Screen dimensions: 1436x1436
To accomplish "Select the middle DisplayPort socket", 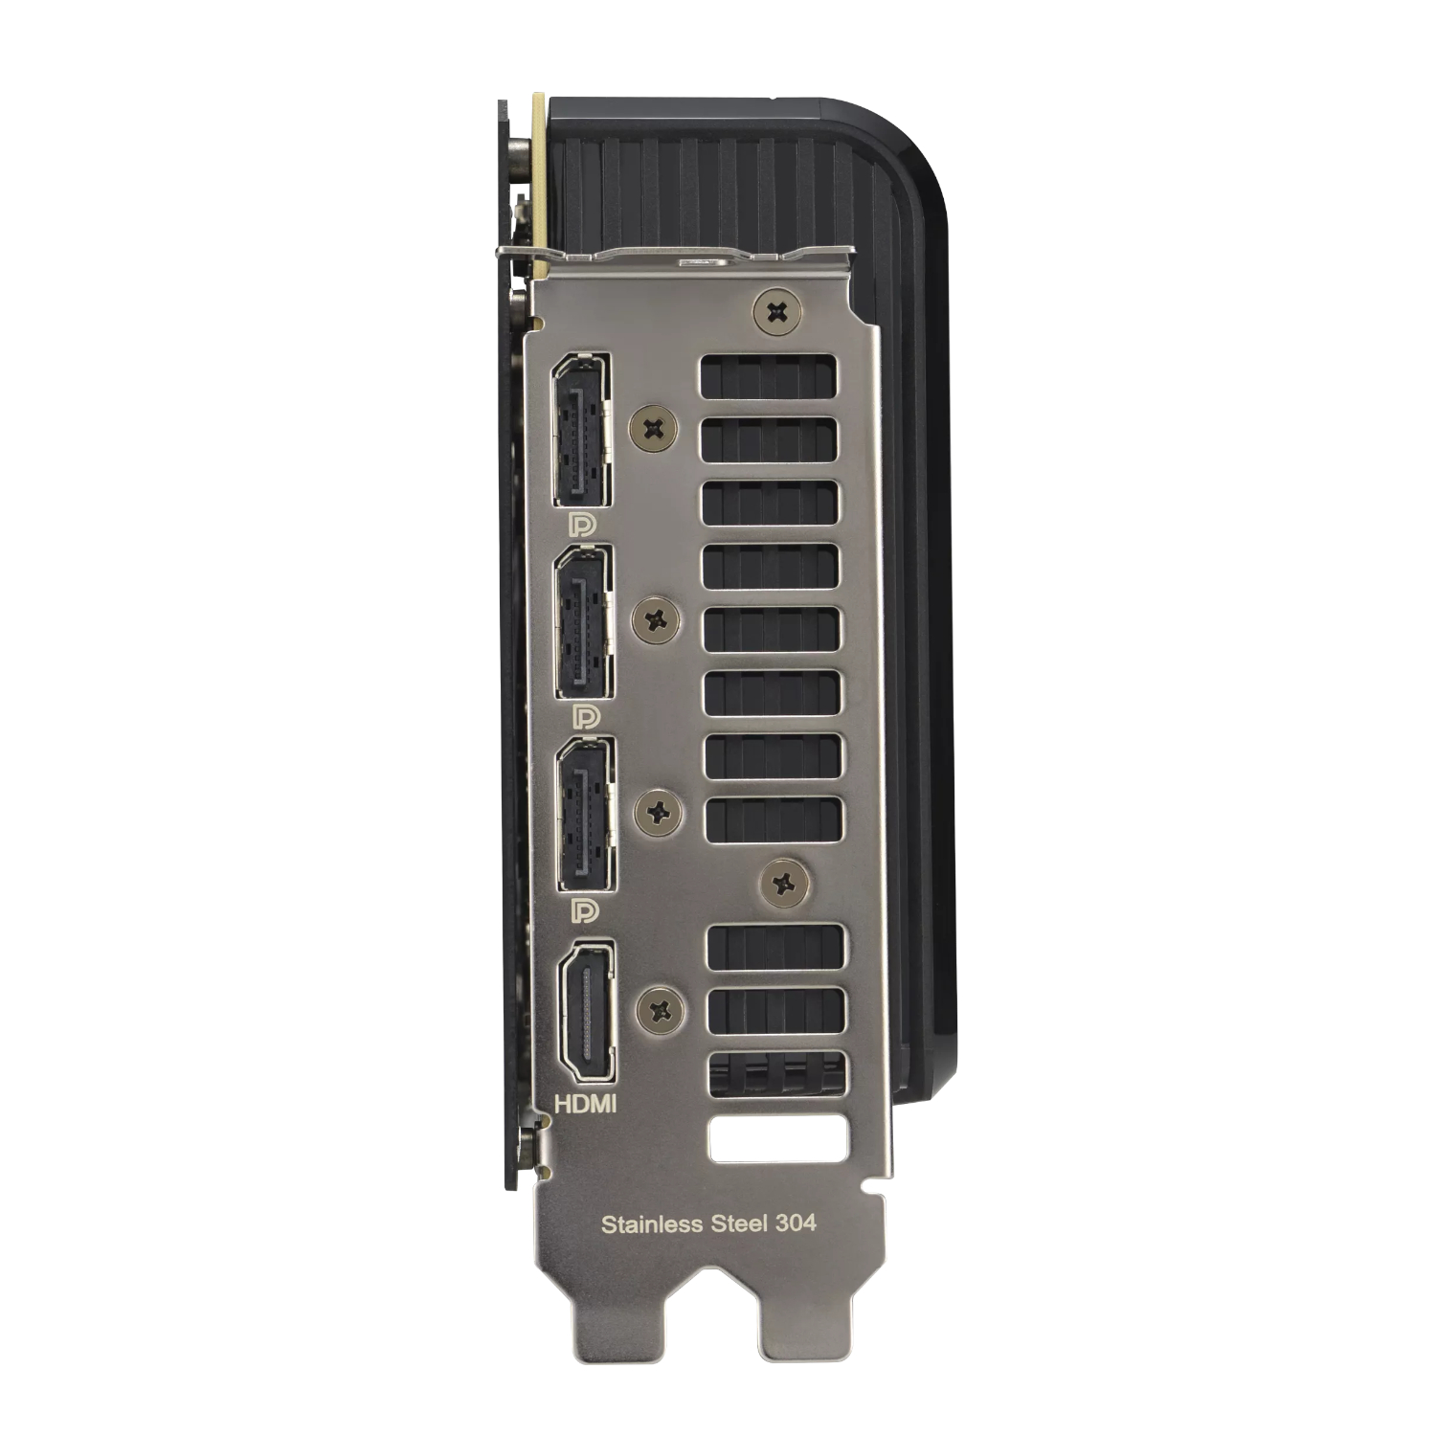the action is pyautogui.click(x=584, y=623).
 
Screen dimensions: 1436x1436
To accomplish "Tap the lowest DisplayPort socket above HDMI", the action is pyautogui.click(x=586, y=815).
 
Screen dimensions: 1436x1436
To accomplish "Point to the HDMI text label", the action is pyautogui.click(x=586, y=1104).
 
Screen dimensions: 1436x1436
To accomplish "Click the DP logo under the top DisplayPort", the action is pyautogui.click(x=581, y=525).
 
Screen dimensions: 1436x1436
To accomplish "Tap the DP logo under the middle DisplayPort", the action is pyautogui.click(x=584, y=716).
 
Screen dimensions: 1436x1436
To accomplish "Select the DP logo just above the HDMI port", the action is pyautogui.click(x=584, y=909).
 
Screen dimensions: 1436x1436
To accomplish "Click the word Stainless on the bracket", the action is pyautogui.click(x=651, y=1223).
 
